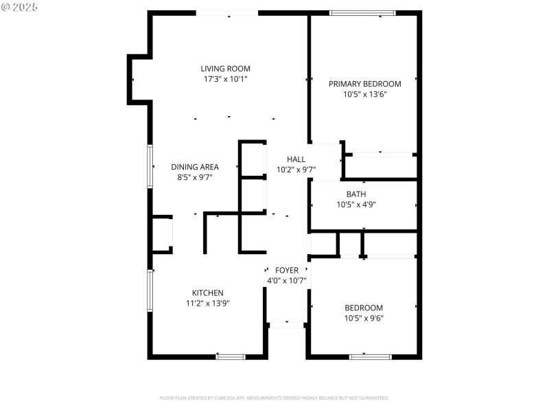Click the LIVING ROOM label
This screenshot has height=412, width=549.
[225, 68]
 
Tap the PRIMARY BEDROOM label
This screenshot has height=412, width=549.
[364, 84]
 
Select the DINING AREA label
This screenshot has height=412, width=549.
[195, 167]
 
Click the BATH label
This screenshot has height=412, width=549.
[355, 194]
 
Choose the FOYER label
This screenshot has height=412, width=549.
[286, 271]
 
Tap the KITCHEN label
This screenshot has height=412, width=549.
[207, 293]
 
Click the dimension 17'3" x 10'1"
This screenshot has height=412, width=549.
[225, 78]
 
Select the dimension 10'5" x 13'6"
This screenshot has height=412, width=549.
[364, 94]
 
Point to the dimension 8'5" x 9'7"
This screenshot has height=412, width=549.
[195, 177]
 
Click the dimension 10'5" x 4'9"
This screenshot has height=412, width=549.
[355, 204]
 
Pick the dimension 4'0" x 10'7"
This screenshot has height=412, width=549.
[286, 281]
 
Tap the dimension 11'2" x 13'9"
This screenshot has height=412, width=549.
[207, 303]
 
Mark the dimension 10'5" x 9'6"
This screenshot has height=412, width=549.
[364, 318]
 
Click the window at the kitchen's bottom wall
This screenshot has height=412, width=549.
[231, 356]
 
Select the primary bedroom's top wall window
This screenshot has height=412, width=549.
[362, 12]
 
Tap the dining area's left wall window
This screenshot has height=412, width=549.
[150, 166]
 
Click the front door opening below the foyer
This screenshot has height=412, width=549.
[286, 323]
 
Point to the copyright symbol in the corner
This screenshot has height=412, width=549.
[6, 6]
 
